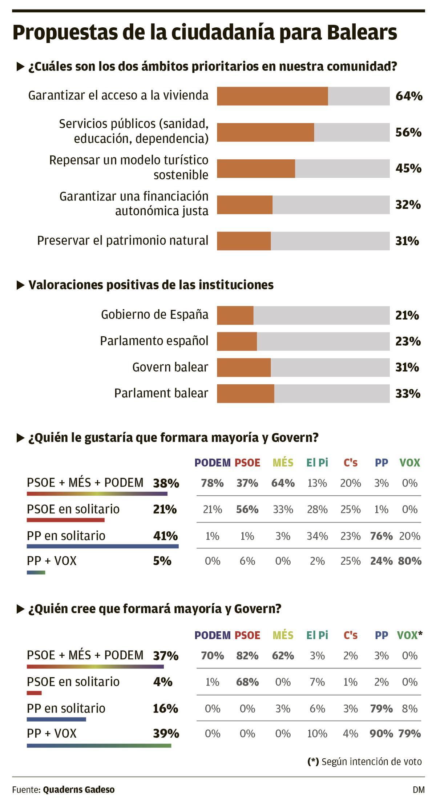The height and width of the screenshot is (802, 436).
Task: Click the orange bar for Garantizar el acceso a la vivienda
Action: click(272, 96)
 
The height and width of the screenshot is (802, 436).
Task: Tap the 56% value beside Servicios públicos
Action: click(408, 132)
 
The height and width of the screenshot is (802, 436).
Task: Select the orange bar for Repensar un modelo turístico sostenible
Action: click(256, 168)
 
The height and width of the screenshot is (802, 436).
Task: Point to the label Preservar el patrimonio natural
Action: click(123, 241)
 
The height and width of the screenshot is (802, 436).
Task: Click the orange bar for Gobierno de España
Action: click(235, 315)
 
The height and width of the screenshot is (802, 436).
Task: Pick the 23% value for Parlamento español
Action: click(408, 341)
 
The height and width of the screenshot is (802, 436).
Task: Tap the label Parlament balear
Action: click(161, 393)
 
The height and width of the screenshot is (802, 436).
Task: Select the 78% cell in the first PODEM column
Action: click(212, 483)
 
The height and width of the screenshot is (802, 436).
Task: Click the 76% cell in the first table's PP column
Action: click(381, 536)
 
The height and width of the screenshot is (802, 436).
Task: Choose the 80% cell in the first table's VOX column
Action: click(409, 561)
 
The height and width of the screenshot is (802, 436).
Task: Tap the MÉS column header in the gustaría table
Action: click(283, 462)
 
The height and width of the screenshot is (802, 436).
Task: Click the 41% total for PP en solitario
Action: click(165, 536)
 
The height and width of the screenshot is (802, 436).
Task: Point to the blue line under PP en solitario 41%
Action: click(102, 546)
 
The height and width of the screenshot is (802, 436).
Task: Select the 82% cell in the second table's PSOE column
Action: click(247, 656)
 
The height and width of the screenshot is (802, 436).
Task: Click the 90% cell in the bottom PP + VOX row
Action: click(381, 734)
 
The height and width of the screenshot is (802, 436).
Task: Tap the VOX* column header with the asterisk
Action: click(409, 635)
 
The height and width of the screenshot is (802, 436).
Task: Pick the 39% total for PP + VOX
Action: click(166, 734)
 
